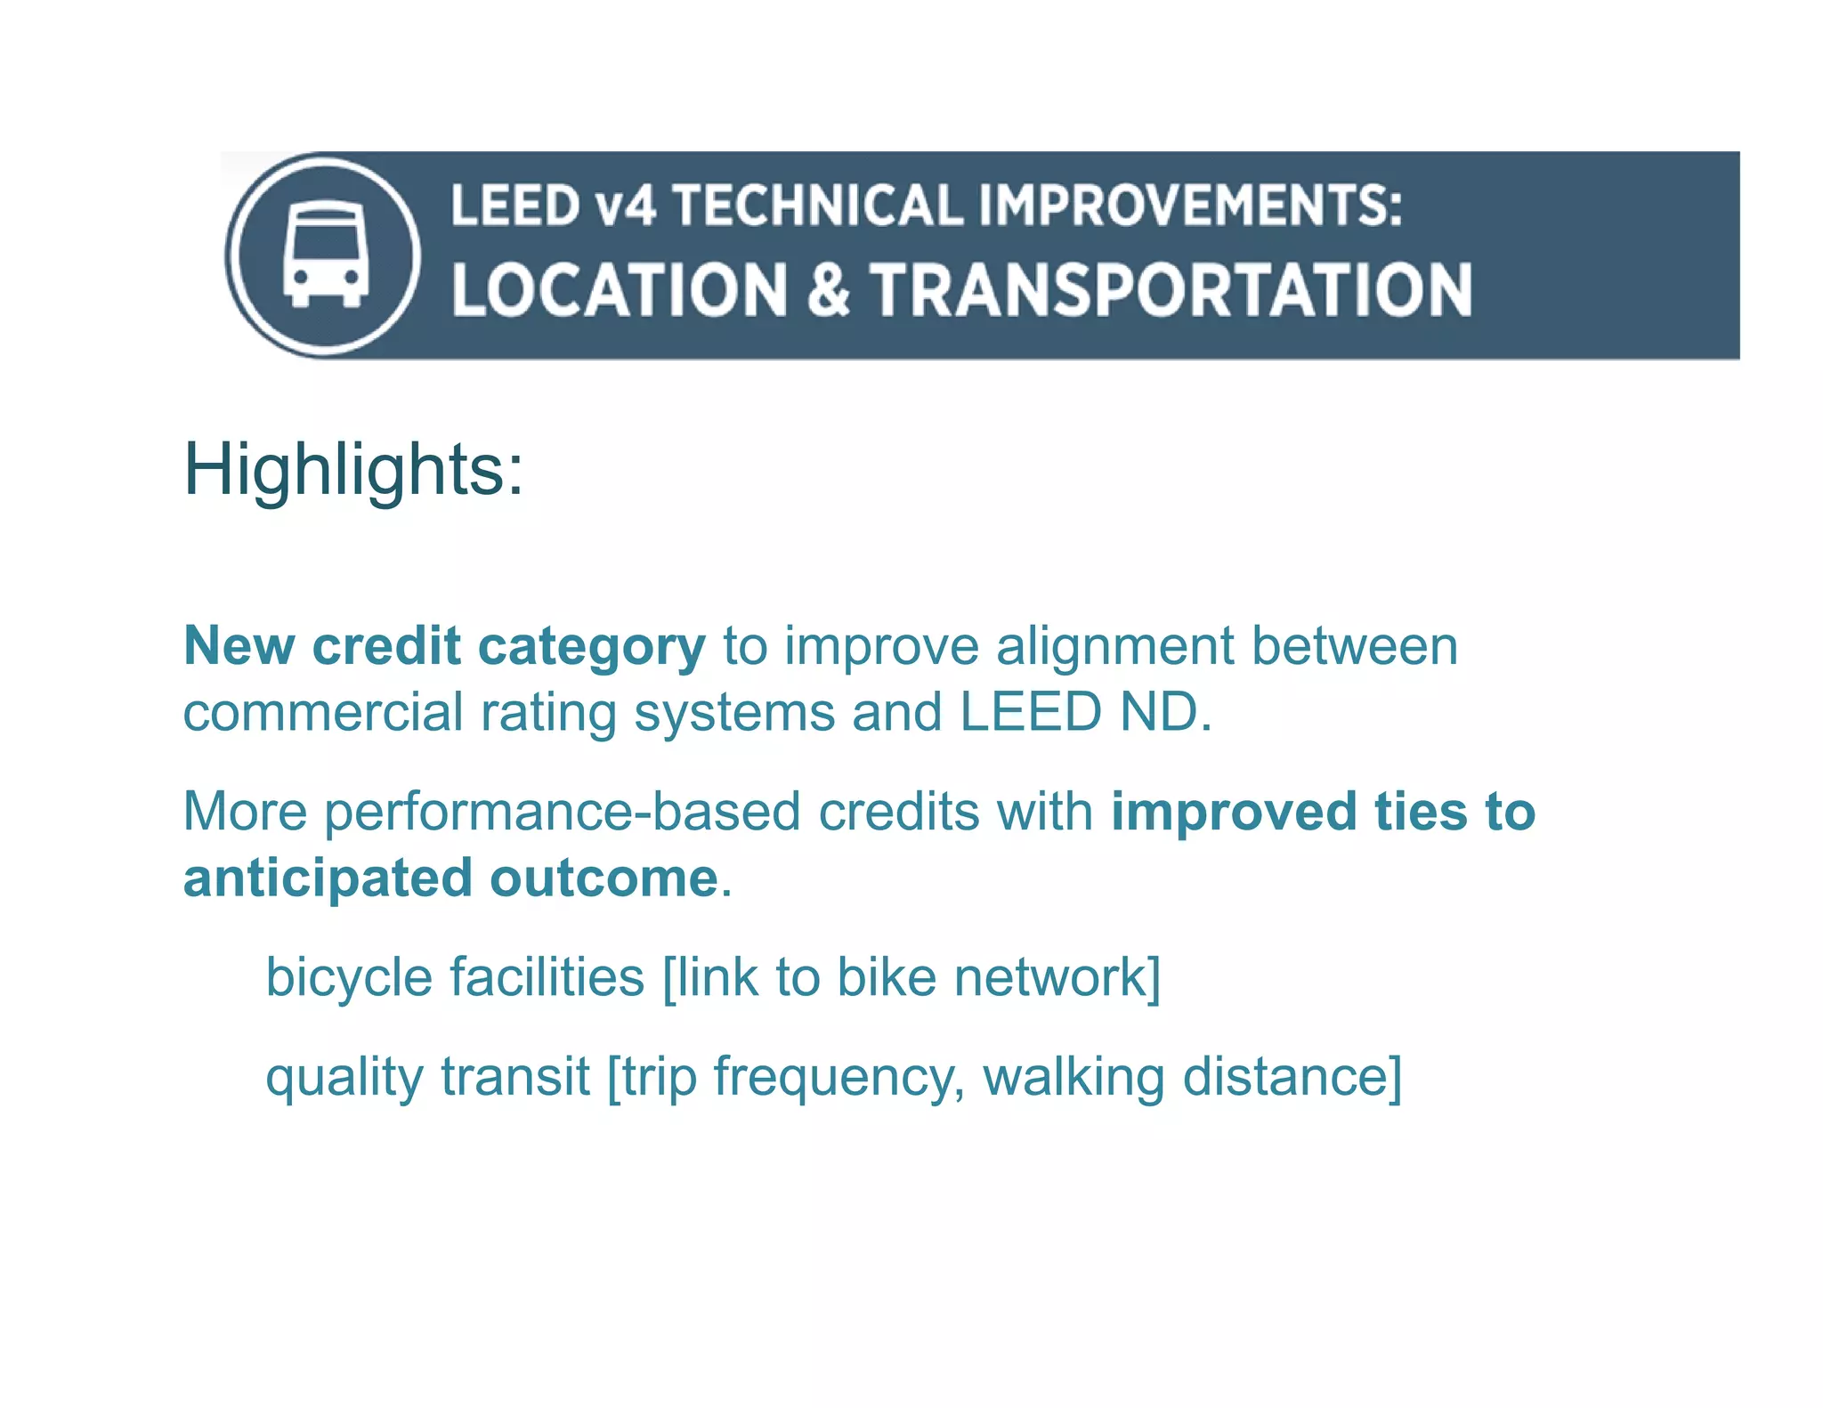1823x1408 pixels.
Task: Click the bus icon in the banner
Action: click(325, 255)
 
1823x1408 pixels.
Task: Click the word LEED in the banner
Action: click(515, 206)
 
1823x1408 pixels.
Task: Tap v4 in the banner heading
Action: click(627, 206)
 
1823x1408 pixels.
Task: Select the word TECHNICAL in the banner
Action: click(817, 206)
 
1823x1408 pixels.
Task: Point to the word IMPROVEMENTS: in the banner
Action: click(1190, 206)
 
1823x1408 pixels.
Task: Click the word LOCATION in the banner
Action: click(620, 290)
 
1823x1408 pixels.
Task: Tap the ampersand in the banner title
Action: click(829, 290)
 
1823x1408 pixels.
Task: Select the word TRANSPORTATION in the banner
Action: click(1171, 290)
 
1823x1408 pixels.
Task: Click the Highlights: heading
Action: click(353, 470)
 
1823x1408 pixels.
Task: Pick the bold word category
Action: click(592, 646)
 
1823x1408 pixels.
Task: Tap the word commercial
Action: click(323, 713)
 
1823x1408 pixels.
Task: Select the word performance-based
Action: click(563, 813)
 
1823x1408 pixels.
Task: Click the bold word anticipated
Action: click(328, 878)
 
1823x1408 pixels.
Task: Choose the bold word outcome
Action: click(604, 878)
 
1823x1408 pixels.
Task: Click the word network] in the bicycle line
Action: click(1057, 978)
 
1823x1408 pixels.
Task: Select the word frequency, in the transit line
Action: click(839, 1078)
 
